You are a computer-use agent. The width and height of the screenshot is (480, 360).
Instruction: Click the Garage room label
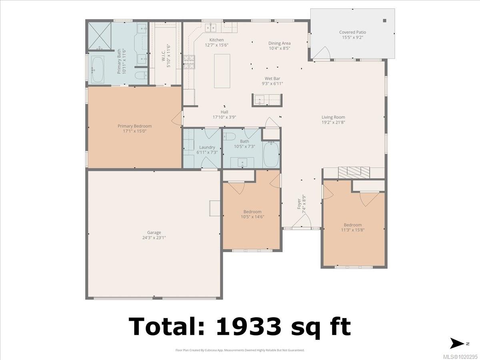(154, 232)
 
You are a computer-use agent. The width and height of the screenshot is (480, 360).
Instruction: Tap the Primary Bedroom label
(134, 126)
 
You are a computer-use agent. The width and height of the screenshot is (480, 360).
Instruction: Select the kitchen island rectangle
(222, 71)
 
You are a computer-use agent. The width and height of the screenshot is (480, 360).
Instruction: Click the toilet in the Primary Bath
(141, 76)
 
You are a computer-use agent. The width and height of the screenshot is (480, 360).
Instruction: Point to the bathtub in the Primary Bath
(97, 69)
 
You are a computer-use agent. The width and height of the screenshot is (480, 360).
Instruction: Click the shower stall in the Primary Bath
(100, 36)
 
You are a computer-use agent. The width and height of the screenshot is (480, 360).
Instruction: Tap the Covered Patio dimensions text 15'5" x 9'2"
(352, 37)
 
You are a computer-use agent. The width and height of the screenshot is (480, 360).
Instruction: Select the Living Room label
(333, 117)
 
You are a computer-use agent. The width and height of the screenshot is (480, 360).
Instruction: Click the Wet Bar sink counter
(267, 100)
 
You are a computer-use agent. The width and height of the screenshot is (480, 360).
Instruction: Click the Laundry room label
(207, 147)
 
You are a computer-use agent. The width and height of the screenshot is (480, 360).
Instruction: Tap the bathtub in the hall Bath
(271, 154)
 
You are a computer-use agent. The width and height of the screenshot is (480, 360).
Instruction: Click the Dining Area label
(280, 43)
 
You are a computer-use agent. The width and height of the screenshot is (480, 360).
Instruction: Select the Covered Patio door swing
(321, 53)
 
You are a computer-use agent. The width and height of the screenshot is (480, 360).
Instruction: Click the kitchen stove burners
(189, 62)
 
